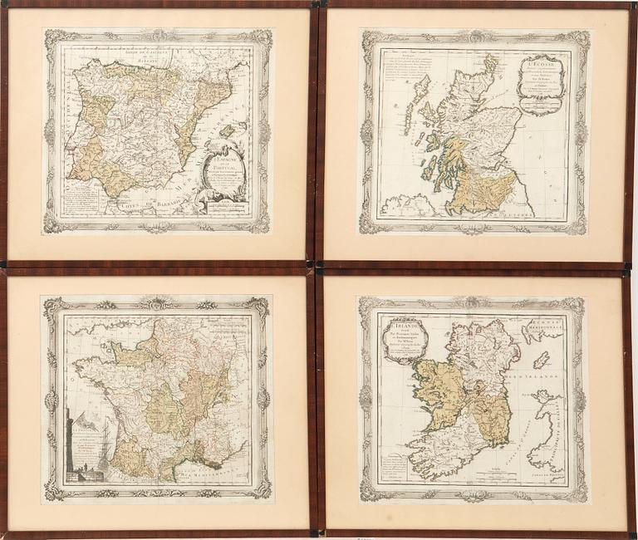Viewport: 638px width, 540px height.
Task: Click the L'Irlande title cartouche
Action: coord(406,339)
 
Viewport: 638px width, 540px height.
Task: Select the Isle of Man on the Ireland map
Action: coord(541,360)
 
